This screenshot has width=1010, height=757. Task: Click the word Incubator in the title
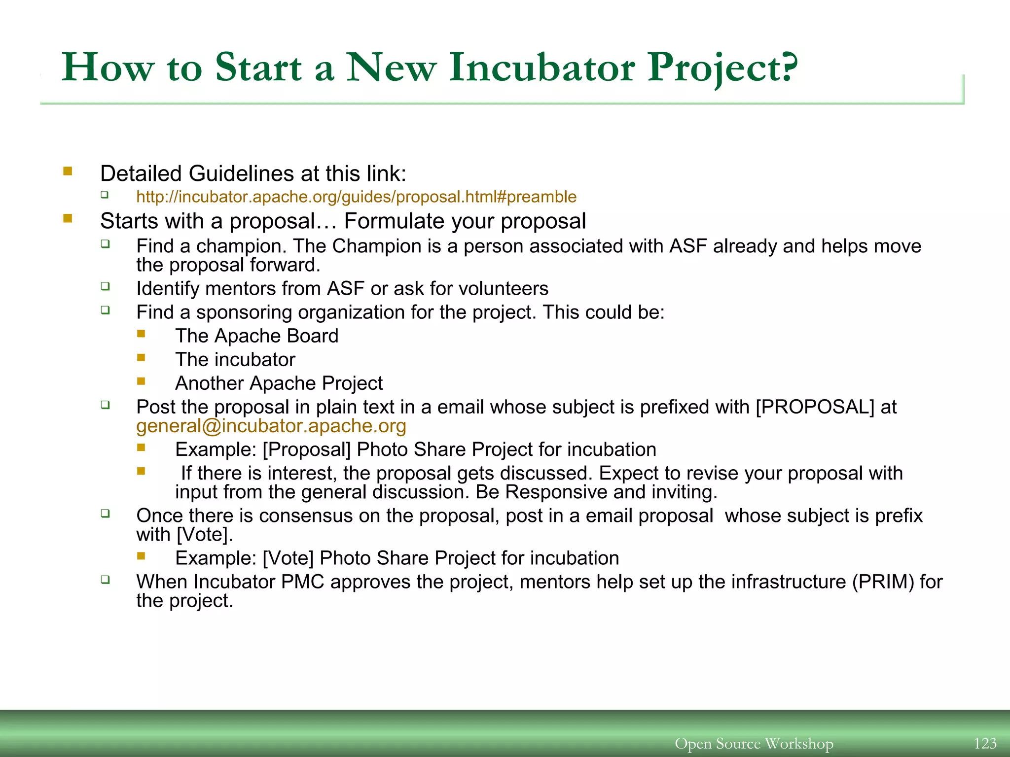click(542, 68)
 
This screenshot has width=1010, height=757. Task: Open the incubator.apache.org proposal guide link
click(356, 197)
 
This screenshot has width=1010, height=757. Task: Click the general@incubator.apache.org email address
click(271, 426)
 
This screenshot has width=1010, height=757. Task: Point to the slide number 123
click(985, 743)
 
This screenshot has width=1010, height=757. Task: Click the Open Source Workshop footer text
click(754, 743)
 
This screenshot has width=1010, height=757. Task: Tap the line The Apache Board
click(256, 336)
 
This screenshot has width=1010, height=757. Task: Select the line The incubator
click(235, 360)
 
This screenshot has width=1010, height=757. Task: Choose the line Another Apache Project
click(279, 383)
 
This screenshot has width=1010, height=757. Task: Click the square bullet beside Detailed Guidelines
click(68, 172)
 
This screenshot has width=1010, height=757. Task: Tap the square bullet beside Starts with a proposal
click(68, 218)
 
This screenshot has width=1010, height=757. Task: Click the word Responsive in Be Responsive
click(556, 492)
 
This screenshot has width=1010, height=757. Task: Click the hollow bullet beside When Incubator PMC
click(105, 580)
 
